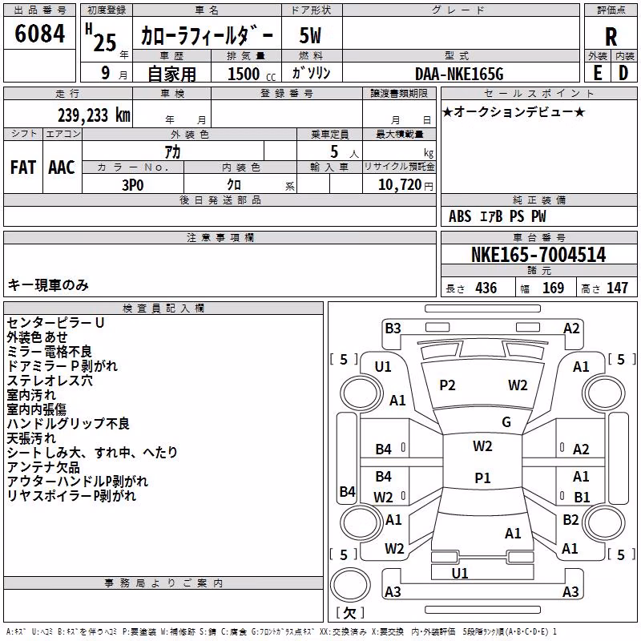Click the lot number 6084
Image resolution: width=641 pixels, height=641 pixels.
[x=39, y=34]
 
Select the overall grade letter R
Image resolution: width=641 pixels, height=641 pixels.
[x=611, y=37]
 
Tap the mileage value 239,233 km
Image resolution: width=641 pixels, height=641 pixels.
[x=94, y=115]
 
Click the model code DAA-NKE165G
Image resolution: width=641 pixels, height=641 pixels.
[x=459, y=74]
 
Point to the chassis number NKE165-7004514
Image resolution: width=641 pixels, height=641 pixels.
[x=538, y=255]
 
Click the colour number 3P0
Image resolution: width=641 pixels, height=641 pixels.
[x=133, y=185]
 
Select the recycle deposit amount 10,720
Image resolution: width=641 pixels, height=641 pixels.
[x=399, y=185]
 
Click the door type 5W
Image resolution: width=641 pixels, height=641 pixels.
[x=310, y=35]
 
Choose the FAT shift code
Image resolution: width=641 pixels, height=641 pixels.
[x=23, y=167]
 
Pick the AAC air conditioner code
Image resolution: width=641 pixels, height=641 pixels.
[x=62, y=167]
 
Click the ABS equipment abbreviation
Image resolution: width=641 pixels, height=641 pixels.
[x=460, y=216]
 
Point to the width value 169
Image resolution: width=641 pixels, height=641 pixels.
[x=553, y=288]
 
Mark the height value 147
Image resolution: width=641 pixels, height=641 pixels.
[x=617, y=288]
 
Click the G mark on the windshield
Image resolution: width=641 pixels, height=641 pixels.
[x=506, y=421]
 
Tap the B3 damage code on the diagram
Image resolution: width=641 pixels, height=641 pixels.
[x=393, y=329]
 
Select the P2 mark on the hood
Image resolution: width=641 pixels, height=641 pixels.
[x=447, y=385]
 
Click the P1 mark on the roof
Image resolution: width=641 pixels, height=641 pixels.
[x=482, y=478]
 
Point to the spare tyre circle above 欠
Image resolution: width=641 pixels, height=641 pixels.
[x=350, y=584]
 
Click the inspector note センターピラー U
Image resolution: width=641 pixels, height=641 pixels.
[x=55, y=323]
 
